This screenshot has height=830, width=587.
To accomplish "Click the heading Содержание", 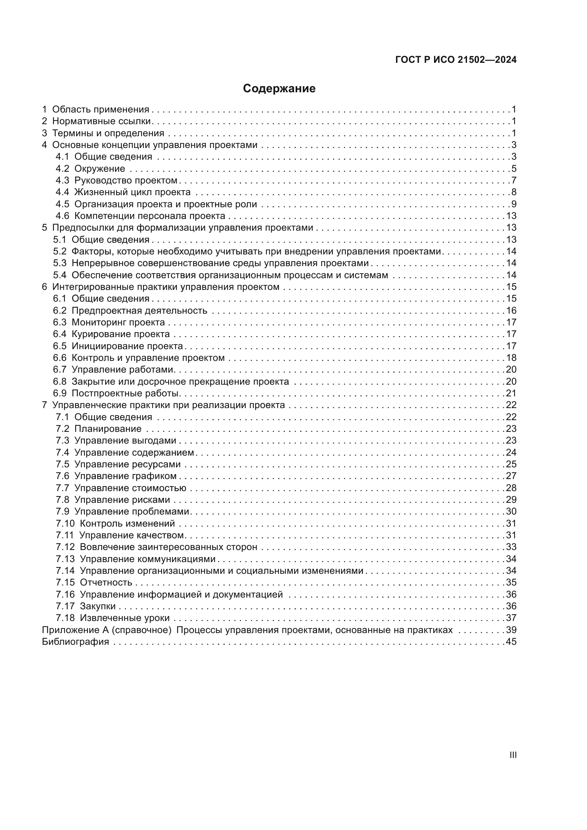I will [x=279, y=89].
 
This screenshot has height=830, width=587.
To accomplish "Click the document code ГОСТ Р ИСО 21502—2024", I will [x=456, y=60].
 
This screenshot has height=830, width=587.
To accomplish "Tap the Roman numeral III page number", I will [x=513, y=755].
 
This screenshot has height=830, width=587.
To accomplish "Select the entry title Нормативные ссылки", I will [x=101, y=121].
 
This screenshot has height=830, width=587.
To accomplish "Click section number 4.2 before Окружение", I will [x=62, y=169].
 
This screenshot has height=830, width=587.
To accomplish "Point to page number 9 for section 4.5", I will [x=514, y=204].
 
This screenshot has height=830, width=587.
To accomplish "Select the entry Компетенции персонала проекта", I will [x=150, y=216].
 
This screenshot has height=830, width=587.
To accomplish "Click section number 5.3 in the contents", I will [x=60, y=263].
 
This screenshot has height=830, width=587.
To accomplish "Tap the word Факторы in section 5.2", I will [x=92, y=252].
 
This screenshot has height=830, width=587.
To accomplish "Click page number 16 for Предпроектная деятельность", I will [x=511, y=310].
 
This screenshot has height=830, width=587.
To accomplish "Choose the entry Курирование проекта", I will [x=120, y=334].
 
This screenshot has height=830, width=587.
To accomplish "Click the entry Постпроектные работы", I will [x=125, y=393].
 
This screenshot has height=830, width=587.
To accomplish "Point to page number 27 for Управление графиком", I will [x=511, y=476].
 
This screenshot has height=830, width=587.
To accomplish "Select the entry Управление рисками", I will [x=122, y=500].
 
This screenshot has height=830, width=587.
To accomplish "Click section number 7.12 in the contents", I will [x=65, y=547].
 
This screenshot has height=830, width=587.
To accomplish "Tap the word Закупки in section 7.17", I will [x=98, y=606].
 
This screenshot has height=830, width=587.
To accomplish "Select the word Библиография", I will [x=75, y=642].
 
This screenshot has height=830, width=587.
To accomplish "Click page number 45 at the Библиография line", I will [x=511, y=642].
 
